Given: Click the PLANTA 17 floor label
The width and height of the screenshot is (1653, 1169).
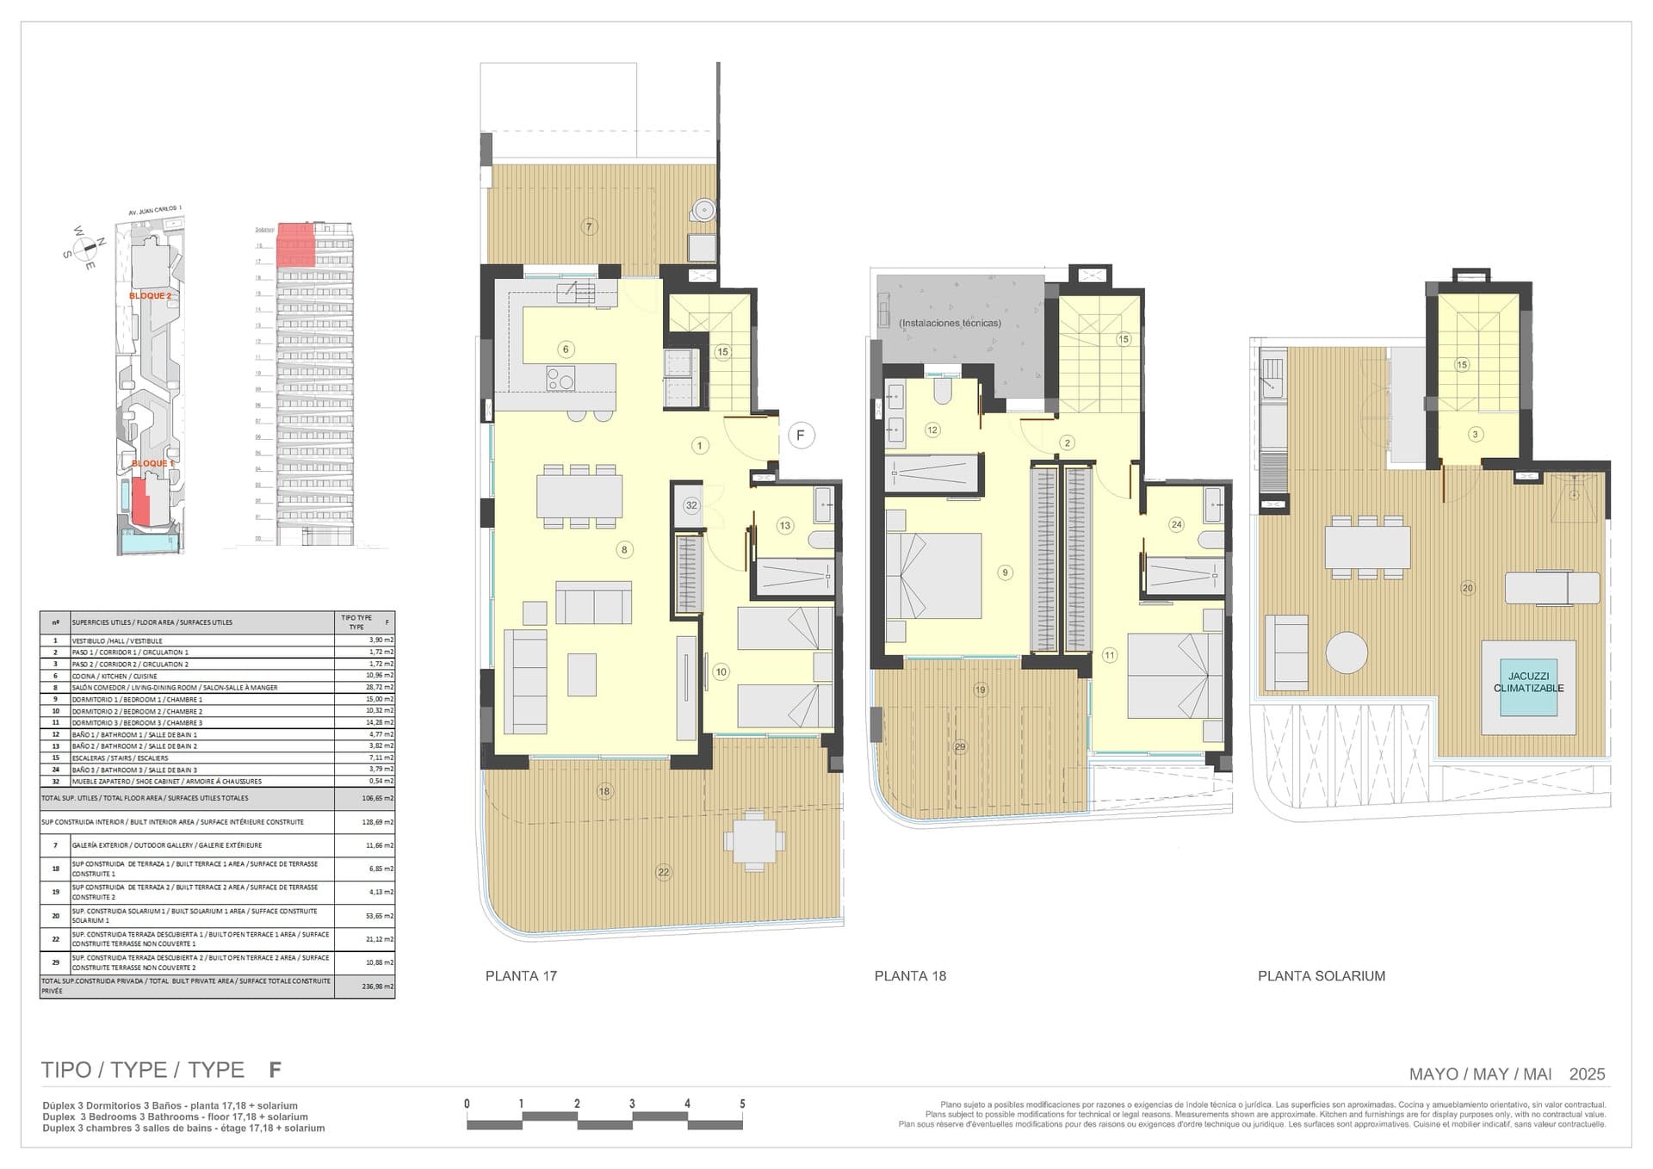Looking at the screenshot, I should pos(521,976).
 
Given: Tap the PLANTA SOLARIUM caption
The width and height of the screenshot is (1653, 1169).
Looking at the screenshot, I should pos(1322,976).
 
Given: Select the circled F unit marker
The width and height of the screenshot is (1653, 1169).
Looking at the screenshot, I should pos(801,436).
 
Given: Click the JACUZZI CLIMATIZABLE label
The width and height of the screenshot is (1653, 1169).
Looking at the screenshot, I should pos(1528,683).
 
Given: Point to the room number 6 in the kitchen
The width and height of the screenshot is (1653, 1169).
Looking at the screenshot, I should pos(566,349).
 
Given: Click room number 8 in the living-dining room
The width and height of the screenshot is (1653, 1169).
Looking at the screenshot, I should pos(624,550).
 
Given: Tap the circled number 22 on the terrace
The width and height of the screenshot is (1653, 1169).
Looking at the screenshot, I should pos(663,872).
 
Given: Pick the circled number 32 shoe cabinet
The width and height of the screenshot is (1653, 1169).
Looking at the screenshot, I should pos(691,506).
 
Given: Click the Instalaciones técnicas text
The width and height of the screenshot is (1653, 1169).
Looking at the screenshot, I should pos(950,324).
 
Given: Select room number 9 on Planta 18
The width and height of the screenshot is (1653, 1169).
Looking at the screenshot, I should pos(1004,572).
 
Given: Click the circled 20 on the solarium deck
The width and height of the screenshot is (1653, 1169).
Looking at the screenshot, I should pos(1468,589).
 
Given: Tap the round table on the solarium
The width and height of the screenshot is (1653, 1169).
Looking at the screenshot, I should pos(1347,653).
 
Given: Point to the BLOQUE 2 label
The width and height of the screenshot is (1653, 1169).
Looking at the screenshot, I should pos(150,296).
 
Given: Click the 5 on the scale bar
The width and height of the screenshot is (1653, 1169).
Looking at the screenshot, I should pos(742,1104).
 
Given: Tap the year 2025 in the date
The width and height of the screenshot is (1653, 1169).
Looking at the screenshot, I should pos(1587,1074).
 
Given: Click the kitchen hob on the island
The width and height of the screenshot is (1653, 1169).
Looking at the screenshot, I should pos(560,378).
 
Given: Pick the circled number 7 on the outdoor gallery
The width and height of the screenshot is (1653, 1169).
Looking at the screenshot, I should pos(589,227).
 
